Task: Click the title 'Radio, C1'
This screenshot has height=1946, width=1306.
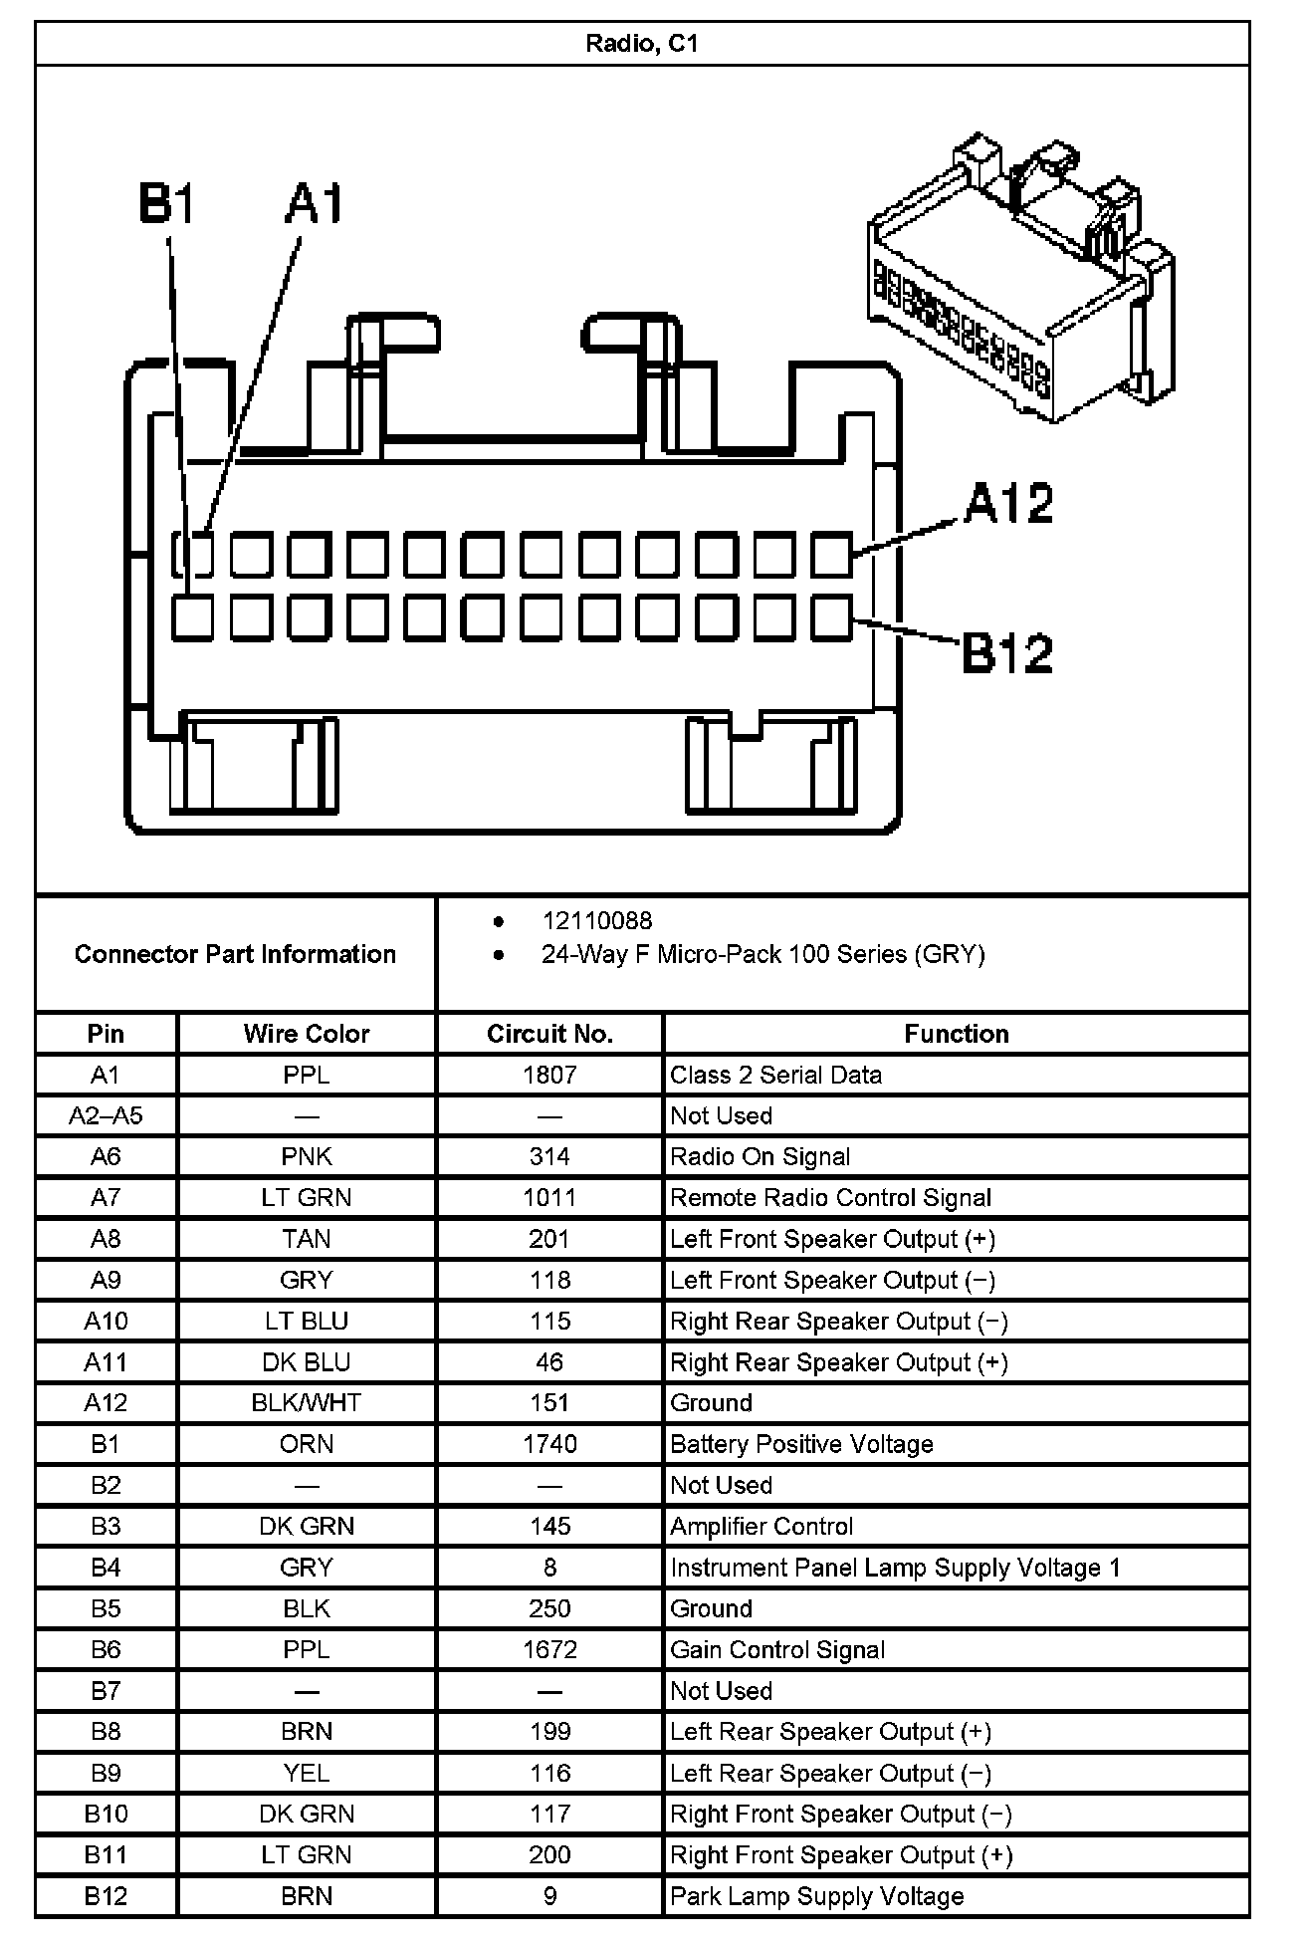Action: pyautogui.click(x=641, y=44)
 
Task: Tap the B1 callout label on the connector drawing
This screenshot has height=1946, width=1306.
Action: pyautogui.click(x=166, y=203)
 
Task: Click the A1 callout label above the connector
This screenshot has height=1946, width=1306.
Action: pyautogui.click(x=314, y=203)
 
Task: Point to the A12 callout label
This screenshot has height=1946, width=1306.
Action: pyautogui.click(x=1007, y=503)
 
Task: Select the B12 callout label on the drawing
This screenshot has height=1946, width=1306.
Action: pyautogui.click(x=1007, y=653)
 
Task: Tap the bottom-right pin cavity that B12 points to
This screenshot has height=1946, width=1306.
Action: pyautogui.click(x=831, y=617)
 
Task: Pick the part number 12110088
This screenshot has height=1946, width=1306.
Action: pyautogui.click(x=597, y=921)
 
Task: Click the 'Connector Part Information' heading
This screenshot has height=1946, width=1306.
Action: pyautogui.click(x=235, y=954)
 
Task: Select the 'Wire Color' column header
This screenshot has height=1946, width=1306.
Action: pyautogui.click(x=307, y=1034)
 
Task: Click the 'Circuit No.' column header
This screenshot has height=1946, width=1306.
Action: pyautogui.click(x=549, y=1034)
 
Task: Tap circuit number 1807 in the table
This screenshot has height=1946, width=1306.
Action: pyautogui.click(x=549, y=1075)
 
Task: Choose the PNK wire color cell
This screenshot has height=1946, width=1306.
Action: pyautogui.click(x=307, y=1156)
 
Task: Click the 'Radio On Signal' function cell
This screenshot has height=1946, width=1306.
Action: pyautogui.click(x=761, y=1156)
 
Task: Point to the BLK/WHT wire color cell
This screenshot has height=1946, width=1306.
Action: pyautogui.click(x=307, y=1402)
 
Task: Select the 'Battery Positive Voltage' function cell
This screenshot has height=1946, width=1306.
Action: pyautogui.click(x=801, y=1444)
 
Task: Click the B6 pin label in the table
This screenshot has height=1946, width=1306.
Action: pyautogui.click(x=106, y=1649)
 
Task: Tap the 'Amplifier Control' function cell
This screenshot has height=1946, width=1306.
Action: pyautogui.click(x=762, y=1526)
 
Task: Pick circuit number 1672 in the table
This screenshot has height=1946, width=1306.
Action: pyautogui.click(x=549, y=1649)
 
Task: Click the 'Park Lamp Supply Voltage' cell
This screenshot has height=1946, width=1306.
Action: pyautogui.click(x=817, y=1895)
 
